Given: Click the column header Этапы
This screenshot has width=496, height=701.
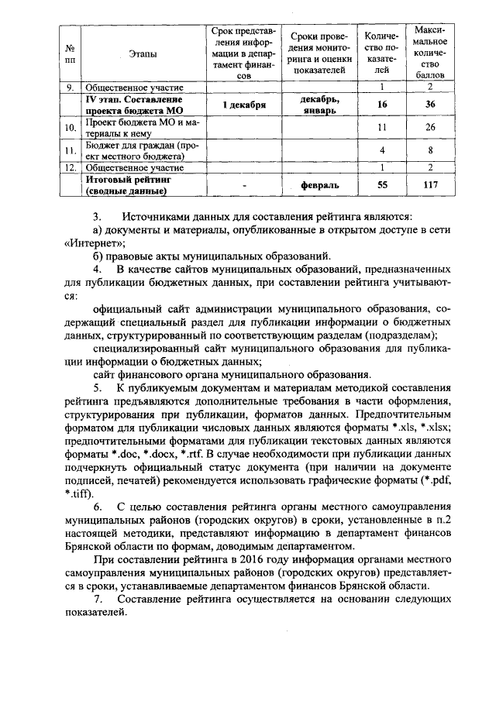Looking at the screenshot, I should [142, 53].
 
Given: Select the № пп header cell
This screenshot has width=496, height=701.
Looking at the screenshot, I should [71, 53].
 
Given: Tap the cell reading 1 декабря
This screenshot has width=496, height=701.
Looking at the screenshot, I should [243, 105].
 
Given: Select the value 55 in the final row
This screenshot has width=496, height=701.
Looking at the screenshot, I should [381, 184].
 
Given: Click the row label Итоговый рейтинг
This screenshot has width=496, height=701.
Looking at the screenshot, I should [129, 179].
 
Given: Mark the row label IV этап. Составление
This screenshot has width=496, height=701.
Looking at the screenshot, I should [133, 100].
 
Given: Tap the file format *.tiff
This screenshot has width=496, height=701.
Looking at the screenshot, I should [77, 494].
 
